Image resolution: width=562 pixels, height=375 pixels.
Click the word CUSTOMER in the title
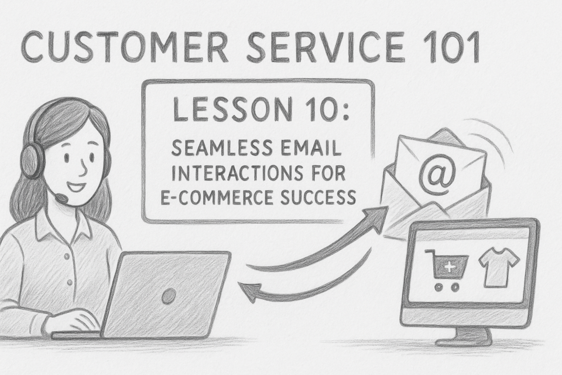pyautogui.click(x=124, y=47)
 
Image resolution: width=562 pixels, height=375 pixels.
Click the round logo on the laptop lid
pyautogui.click(x=169, y=296)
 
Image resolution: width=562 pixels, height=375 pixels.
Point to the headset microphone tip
pyautogui.click(x=62, y=197)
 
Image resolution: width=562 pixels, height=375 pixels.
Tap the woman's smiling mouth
pyautogui.click(x=77, y=186)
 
